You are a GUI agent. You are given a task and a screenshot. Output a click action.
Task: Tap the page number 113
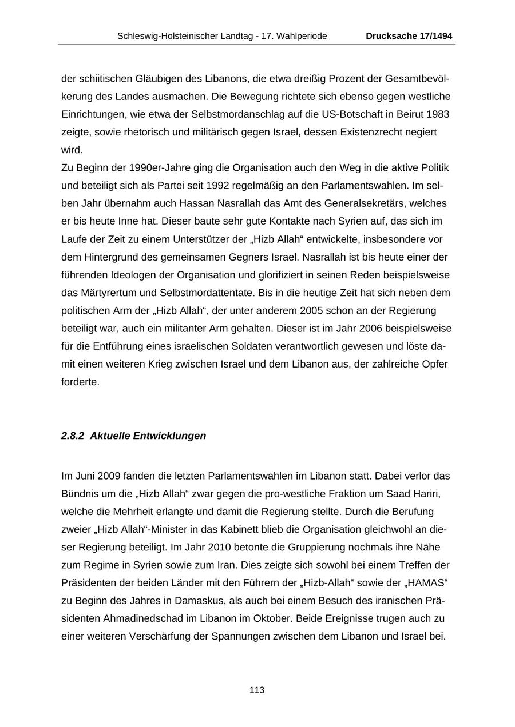pos(257,690)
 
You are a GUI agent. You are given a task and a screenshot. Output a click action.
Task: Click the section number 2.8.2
pos(73,436)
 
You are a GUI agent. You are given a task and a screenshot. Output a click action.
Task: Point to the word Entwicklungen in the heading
pos(170,436)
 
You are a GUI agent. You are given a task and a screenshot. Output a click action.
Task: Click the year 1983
pos(438,114)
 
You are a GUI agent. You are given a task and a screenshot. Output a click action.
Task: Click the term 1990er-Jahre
pos(136,167)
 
